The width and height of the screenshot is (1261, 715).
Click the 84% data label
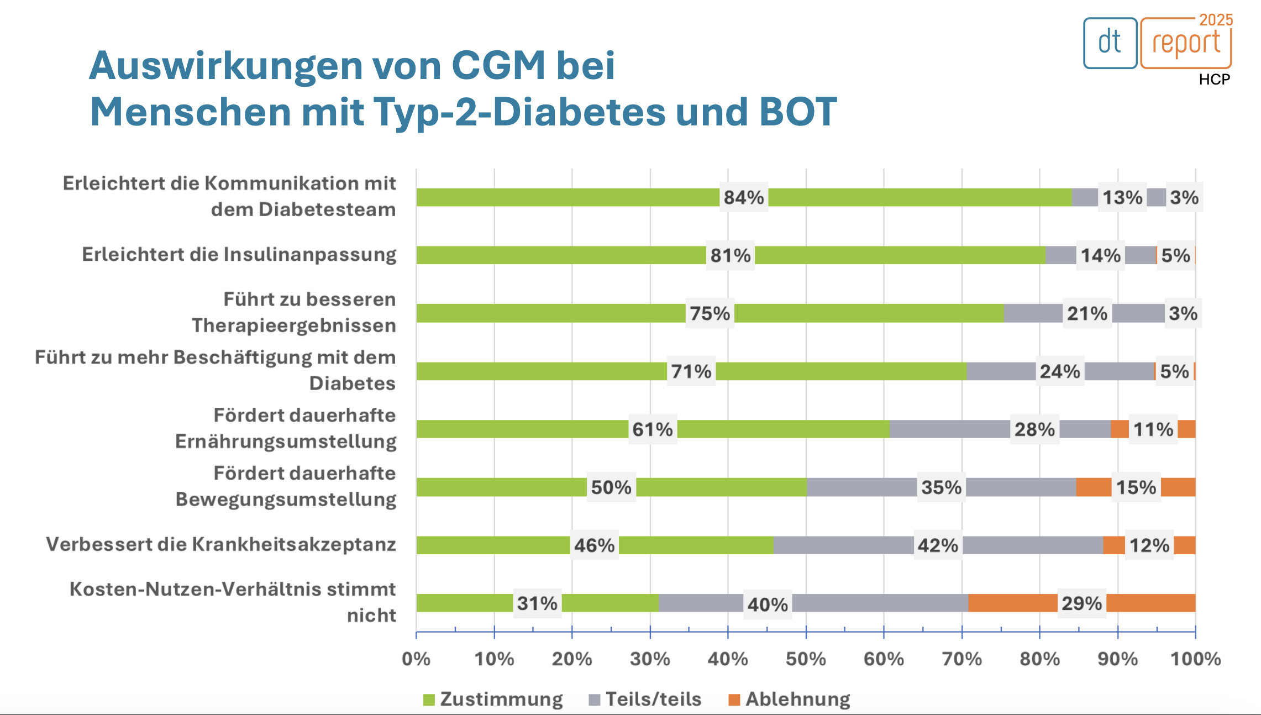743,197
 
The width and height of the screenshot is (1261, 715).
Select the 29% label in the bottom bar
1081,603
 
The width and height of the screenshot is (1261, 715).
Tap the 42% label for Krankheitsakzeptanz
938,545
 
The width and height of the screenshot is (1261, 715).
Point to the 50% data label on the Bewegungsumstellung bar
611,487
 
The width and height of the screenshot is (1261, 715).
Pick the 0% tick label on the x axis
416,659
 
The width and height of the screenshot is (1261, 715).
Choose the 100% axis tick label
1195,659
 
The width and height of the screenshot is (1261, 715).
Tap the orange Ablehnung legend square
734,700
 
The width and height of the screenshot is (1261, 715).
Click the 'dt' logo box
1110,43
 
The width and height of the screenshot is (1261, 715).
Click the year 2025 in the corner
1216,20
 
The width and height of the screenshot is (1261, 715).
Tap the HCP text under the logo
1214,80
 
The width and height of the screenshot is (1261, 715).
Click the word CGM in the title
498,66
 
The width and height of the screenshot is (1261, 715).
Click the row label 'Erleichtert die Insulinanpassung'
239,254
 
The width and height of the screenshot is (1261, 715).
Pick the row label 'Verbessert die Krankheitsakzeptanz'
221,544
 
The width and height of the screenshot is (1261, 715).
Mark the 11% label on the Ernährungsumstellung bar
1153,429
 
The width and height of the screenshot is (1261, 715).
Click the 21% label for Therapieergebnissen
1087,313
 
